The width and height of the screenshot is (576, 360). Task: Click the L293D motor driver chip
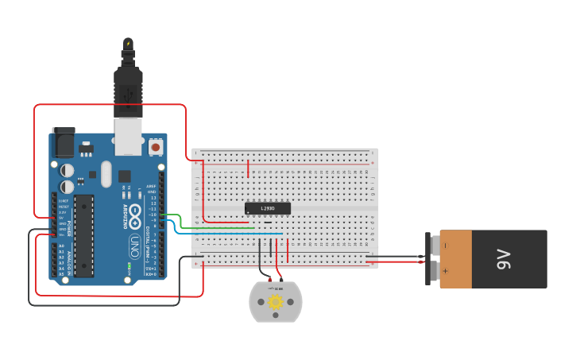coord(268,208)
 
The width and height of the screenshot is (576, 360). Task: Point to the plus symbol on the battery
coord(445,272)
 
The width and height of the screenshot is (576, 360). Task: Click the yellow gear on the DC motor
coord(276,302)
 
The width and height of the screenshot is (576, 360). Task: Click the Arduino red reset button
coord(156,147)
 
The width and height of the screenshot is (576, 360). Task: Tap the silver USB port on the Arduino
coord(128,136)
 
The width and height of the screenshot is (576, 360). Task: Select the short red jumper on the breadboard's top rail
coord(249,168)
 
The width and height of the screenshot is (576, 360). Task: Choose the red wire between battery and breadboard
coord(397,261)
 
